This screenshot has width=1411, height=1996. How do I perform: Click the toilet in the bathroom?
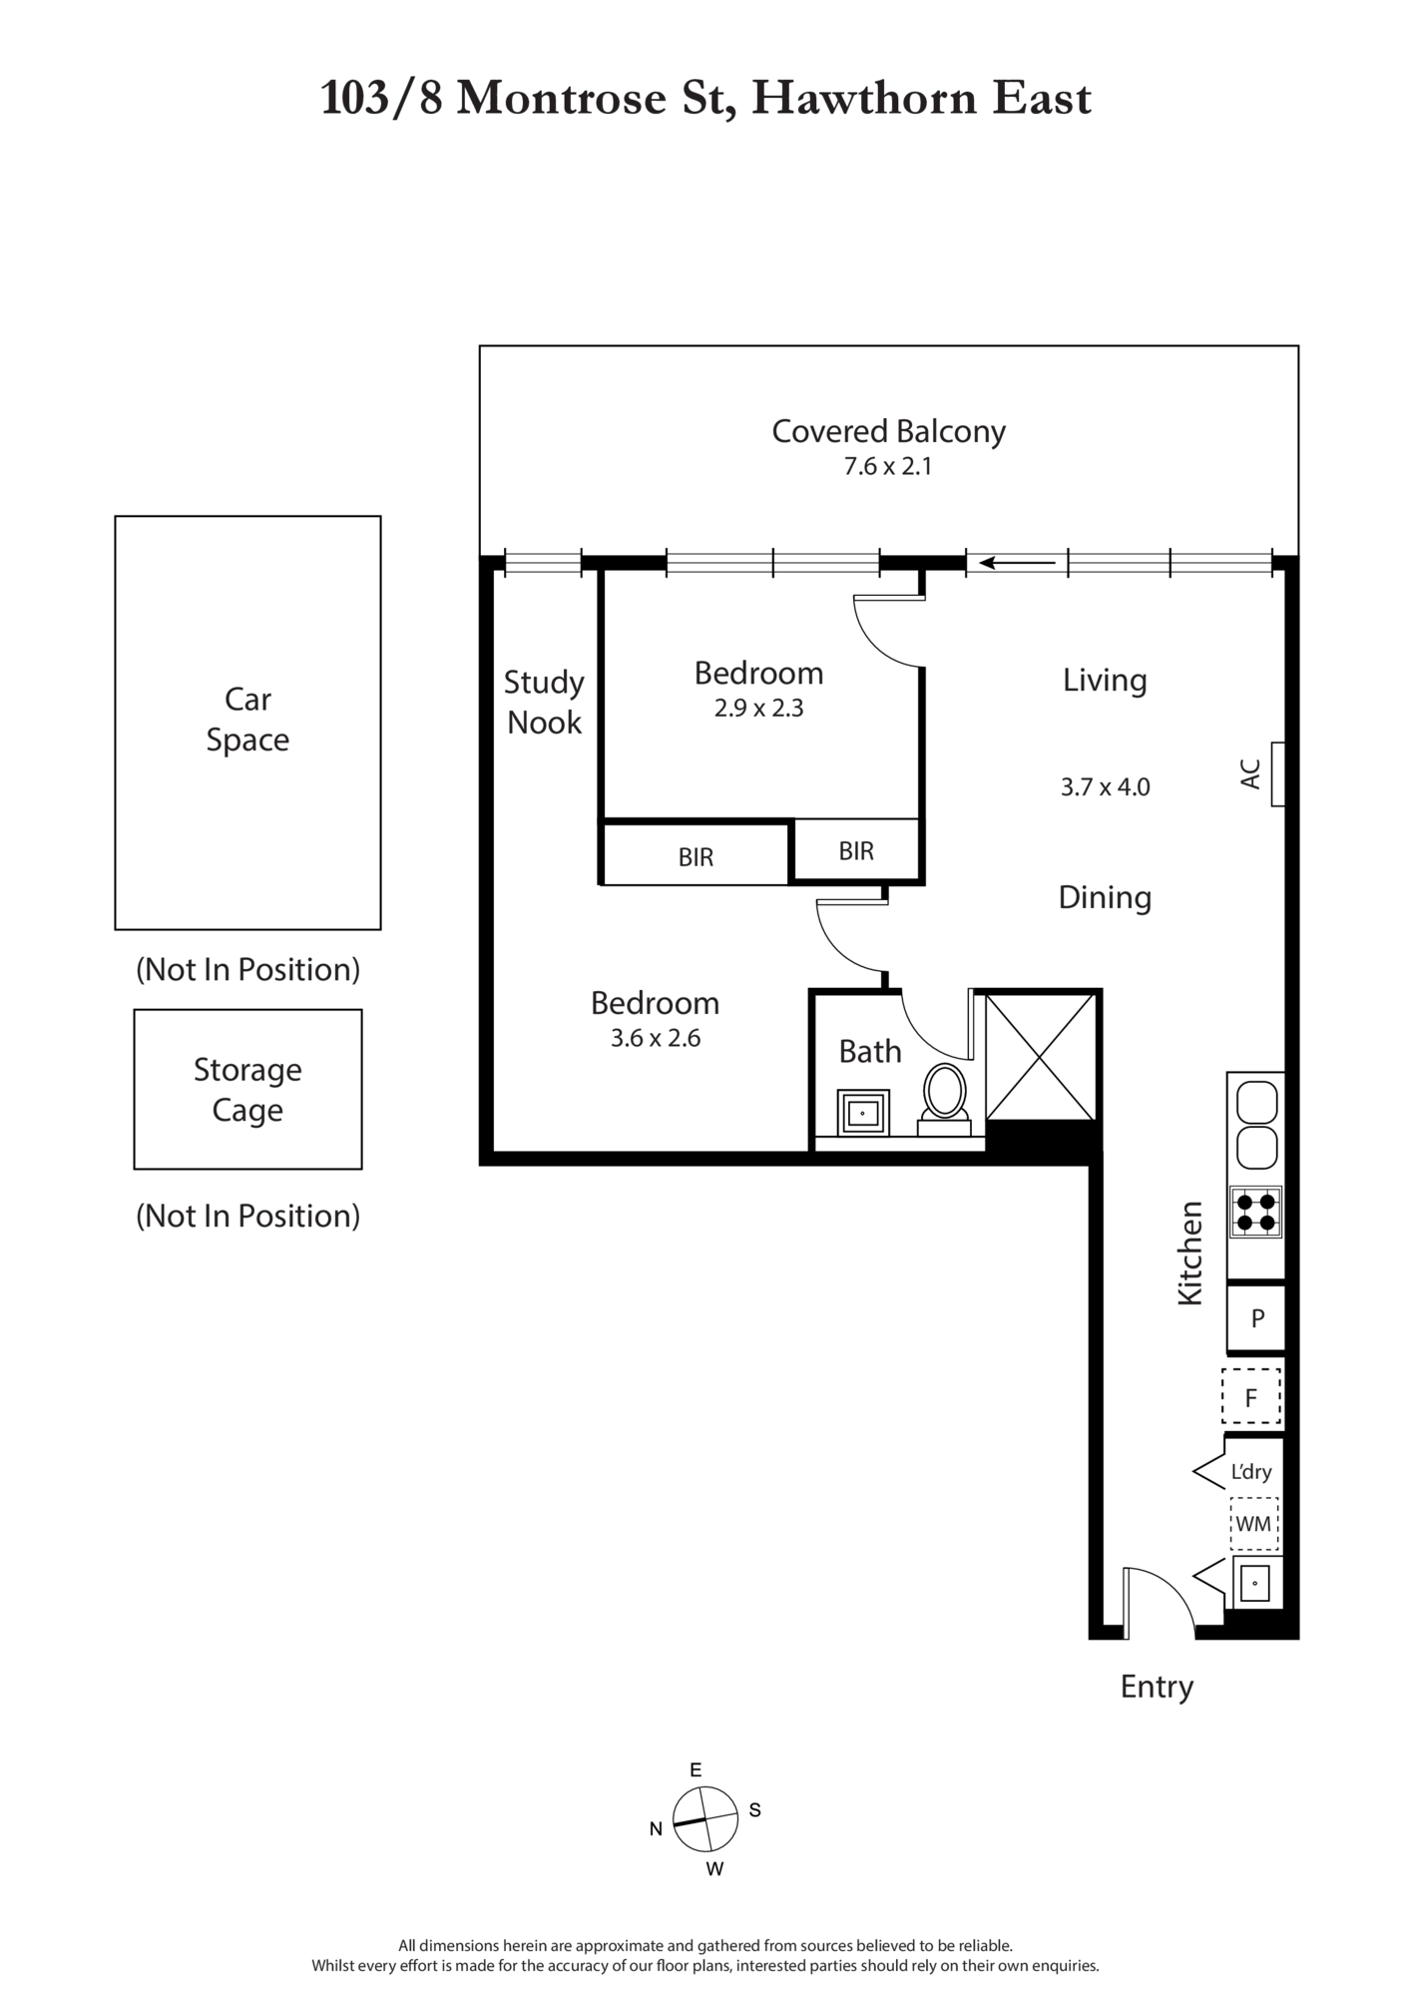pyautogui.click(x=944, y=1100)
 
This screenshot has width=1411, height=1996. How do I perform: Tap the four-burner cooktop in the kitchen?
pyautogui.click(x=1255, y=1213)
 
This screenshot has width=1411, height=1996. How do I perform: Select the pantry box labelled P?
pyautogui.click(x=1256, y=1318)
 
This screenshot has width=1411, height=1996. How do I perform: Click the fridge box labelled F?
pyautogui.click(x=1251, y=1396)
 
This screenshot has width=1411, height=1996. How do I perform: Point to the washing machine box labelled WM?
pyautogui.click(x=1254, y=1524)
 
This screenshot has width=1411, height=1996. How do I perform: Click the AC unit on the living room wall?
pyautogui.click(x=1277, y=774)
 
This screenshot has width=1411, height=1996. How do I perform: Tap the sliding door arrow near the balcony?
pyautogui.click(x=1017, y=563)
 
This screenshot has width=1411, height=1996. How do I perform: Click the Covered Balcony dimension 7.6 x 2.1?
pyautogui.click(x=888, y=466)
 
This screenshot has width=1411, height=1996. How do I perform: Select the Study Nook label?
pyautogui.click(x=544, y=703)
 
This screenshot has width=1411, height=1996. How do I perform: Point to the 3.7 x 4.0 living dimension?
pyautogui.click(x=1105, y=786)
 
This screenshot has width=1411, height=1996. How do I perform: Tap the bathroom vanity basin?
pyautogui.click(x=862, y=1112)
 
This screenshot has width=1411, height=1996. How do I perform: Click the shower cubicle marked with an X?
pyautogui.click(x=1041, y=1056)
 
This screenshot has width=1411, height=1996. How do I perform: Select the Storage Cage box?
pyautogui.click(x=247, y=1089)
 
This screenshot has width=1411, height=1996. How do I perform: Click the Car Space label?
pyautogui.click(x=247, y=720)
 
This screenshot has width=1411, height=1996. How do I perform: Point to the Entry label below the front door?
pyautogui.click(x=1157, y=1687)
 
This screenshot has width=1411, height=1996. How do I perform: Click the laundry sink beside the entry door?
pyautogui.click(x=1255, y=1583)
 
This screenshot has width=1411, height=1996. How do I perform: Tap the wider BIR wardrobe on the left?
pyautogui.click(x=696, y=854)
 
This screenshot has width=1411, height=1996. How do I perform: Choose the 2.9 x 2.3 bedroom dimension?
pyautogui.click(x=758, y=708)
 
